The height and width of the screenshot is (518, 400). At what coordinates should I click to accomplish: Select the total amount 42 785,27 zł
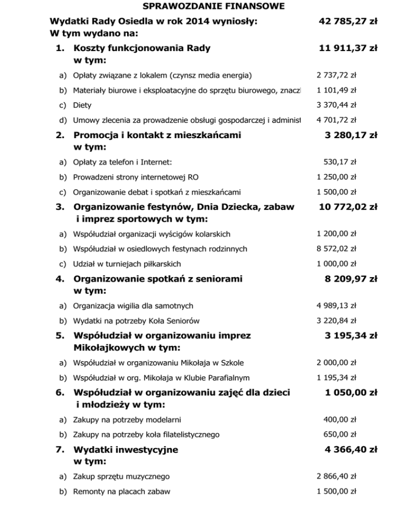pyautogui.click(x=348, y=22)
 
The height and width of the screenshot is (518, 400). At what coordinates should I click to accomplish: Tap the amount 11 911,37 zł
pyautogui.click(x=348, y=49)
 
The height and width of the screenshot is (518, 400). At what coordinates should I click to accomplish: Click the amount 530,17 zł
pyautogui.click(x=340, y=162)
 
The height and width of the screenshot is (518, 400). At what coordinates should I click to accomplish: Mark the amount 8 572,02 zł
pyautogui.click(x=336, y=249)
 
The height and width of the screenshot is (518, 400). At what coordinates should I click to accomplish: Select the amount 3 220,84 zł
pyautogui.click(x=336, y=320)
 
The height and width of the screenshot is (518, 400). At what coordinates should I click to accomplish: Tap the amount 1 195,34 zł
pyautogui.click(x=336, y=377)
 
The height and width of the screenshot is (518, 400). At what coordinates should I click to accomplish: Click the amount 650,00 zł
pyautogui.click(x=340, y=434)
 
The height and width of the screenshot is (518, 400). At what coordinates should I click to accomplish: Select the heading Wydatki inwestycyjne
pyautogui.click(x=126, y=449)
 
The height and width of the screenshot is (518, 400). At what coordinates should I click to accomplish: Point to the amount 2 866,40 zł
pyautogui.click(x=336, y=476)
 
